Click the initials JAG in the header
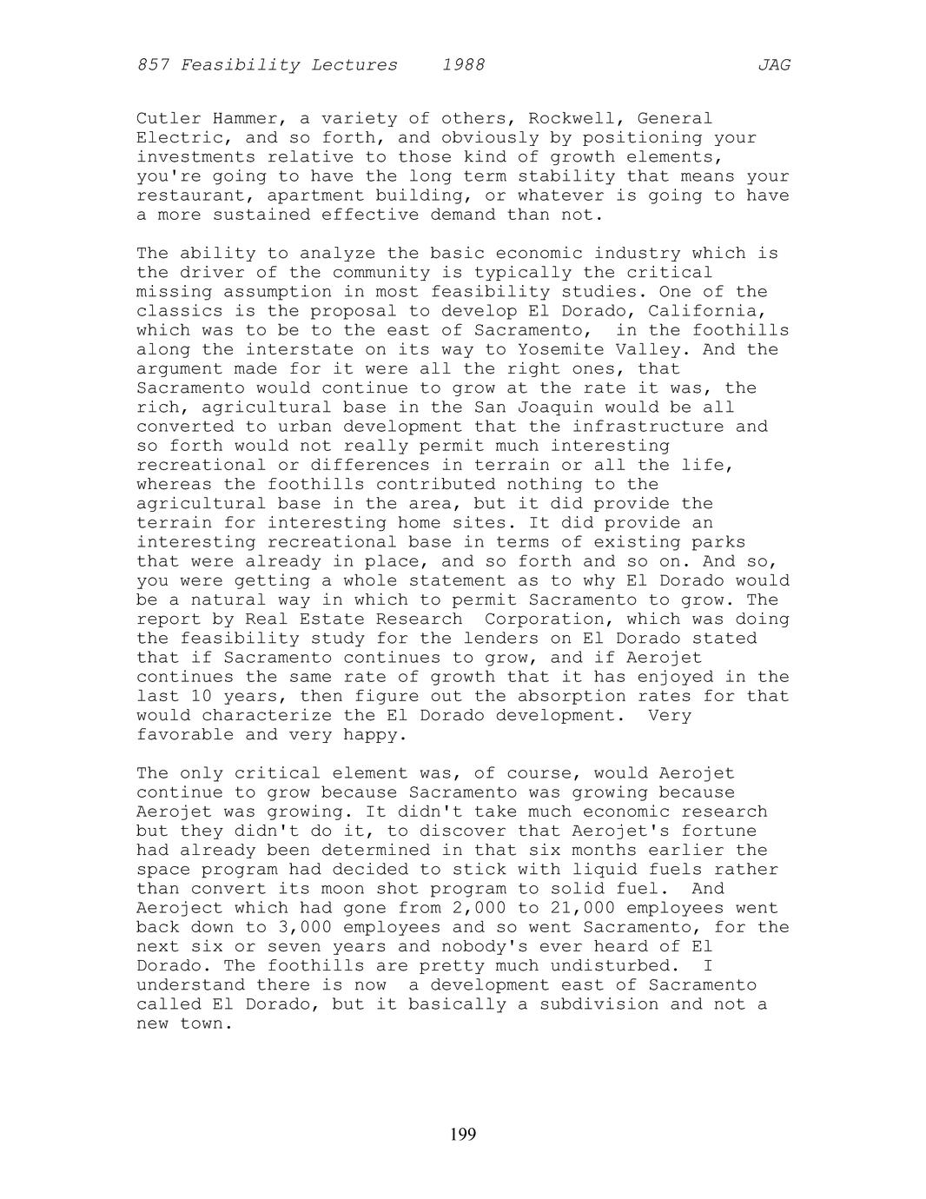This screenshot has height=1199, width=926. click(774, 65)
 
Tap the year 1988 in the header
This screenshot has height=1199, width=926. click(463, 65)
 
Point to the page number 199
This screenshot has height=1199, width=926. click(463, 1134)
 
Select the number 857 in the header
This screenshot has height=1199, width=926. click(153, 65)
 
